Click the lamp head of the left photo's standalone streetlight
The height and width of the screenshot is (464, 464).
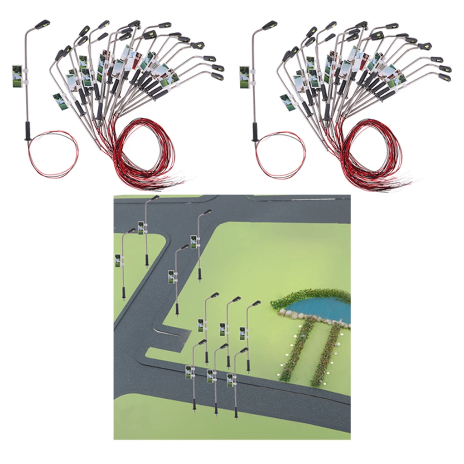43,23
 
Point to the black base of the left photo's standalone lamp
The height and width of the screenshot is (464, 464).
27,133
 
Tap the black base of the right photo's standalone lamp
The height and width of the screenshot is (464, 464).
255,133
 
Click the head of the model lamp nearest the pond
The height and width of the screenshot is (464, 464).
256,303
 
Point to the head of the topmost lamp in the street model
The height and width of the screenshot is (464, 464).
155,198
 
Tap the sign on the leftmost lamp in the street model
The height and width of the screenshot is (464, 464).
118,261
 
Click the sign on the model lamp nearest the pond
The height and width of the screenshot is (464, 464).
242,333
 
